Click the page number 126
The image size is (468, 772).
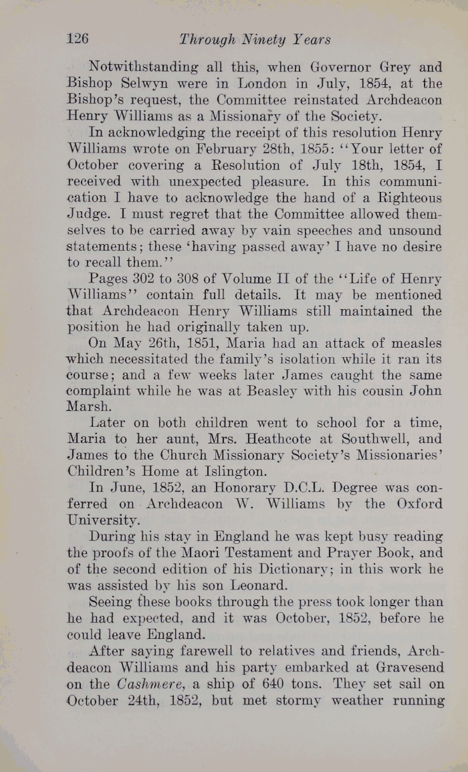tap(78, 39)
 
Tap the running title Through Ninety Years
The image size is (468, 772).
tap(255, 39)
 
